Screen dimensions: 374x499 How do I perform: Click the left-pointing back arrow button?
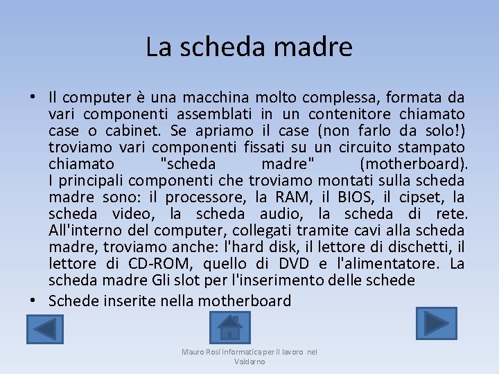[x=44, y=329]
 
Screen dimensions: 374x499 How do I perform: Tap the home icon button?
[x=229, y=327]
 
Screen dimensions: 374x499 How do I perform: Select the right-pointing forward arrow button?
[x=436, y=323]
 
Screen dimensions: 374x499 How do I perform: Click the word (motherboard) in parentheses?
[x=414, y=164]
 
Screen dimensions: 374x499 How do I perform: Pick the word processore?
[x=205, y=197]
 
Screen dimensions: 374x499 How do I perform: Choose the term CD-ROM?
[x=160, y=263]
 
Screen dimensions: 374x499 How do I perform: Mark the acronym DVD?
[x=293, y=263]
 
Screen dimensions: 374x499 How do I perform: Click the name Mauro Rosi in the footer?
[x=200, y=352]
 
